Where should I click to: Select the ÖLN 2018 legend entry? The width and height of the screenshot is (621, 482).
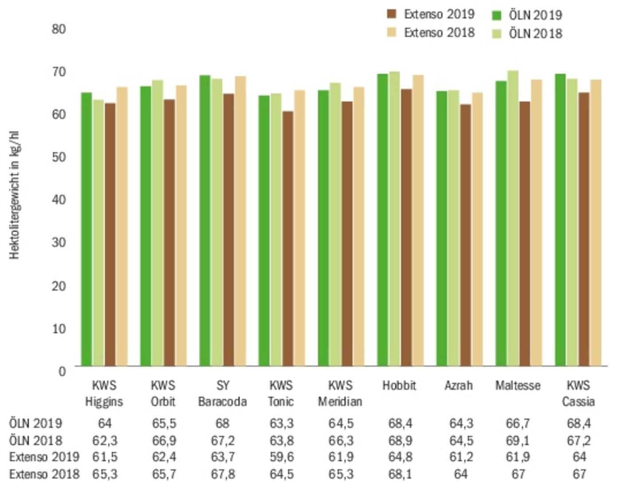click(x=528, y=34)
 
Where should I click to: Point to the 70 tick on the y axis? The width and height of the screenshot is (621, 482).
click(x=59, y=71)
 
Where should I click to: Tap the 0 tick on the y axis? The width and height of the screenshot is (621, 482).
click(x=62, y=371)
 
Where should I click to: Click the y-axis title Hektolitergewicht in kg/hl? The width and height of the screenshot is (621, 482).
click(x=14, y=195)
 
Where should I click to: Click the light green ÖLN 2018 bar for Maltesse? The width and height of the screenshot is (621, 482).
click(x=513, y=218)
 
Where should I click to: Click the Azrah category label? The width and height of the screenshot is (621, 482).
click(x=459, y=385)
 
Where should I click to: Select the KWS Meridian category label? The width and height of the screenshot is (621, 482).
click(x=340, y=393)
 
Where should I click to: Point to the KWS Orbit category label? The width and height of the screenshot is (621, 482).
click(x=163, y=393)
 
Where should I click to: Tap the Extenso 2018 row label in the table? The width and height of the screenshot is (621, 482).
click(x=44, y=474)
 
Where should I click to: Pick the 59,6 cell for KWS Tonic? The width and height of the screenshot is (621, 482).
click(x=281, y=457)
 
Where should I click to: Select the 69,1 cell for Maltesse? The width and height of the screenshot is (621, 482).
click(x=518, y=441)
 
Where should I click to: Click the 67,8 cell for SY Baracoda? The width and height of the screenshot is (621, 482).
click(x=223, y=474)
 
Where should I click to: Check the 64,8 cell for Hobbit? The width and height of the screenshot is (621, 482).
click(x=400, y=457)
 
